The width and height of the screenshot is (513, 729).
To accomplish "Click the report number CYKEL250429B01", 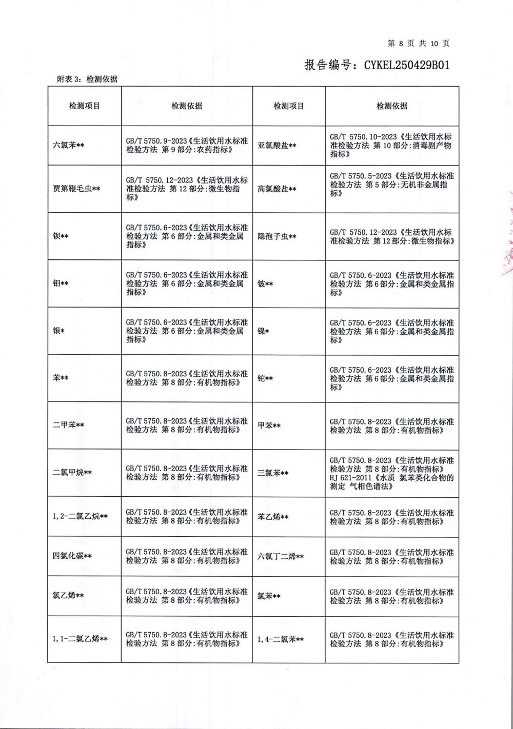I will [x=407, y=65].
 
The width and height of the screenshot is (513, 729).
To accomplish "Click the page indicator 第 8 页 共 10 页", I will [x=419, y=44].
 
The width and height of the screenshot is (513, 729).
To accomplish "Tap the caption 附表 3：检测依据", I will [x=87, y=79].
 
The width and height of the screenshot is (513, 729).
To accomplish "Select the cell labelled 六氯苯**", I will [x=68, y=146].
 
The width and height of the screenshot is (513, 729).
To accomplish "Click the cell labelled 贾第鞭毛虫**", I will [x=76, y=189].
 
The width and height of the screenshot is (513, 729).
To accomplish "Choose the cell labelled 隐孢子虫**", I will [x=277, y=237].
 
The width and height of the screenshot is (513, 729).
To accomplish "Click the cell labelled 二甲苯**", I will [x=68, y=425].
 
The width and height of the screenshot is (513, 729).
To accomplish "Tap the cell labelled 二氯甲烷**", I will [x=72, y=473].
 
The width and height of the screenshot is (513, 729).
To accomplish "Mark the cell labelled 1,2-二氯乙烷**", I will [x=80, y=516].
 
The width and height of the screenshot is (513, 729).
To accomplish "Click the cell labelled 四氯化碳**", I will [x=72, y=556].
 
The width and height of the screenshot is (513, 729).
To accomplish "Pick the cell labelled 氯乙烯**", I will [x=68, y=596].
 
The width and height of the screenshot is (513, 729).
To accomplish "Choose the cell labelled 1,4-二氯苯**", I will [x=281, y=640].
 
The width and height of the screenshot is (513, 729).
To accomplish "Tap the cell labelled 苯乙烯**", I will [x=273, y=517].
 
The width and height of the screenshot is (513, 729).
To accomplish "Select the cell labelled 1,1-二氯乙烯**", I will [x=80, y=639].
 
